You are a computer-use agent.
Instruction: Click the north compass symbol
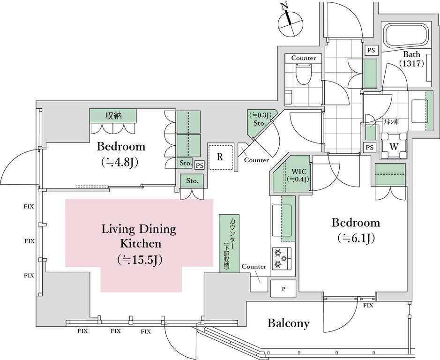pyautogui.click(x=291, y=24)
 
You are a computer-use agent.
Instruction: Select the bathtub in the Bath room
pyautogui.click(x=406, y=36)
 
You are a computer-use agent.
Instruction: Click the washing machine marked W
pyautogui.click(x=394, y=146)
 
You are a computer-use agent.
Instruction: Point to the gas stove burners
pyautogui.click(x=282, y=258)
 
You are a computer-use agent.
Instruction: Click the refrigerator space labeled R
pyautogui.click(x=220, y=157)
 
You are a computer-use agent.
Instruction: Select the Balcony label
pyautogui.click(x=288, y=323)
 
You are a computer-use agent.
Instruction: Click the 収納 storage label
pyautogui.click(x=113, y=115)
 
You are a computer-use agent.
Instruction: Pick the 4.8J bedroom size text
pyautogui.click(x=121, y=162)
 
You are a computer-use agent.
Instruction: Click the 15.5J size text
pyautogui.click(x=139, y=260)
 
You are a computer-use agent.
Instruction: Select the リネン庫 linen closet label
pyautogui.click(x=391, y=121)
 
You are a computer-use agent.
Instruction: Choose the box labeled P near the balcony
pyautogui.click(x=283, y=288)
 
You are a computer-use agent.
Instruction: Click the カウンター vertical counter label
pyautogui.click(x=229, y=243)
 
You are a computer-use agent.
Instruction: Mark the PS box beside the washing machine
pyautogui.click(x=370, y=147)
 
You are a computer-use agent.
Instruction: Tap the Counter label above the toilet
pyautogui.click(x=303, y=58)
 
